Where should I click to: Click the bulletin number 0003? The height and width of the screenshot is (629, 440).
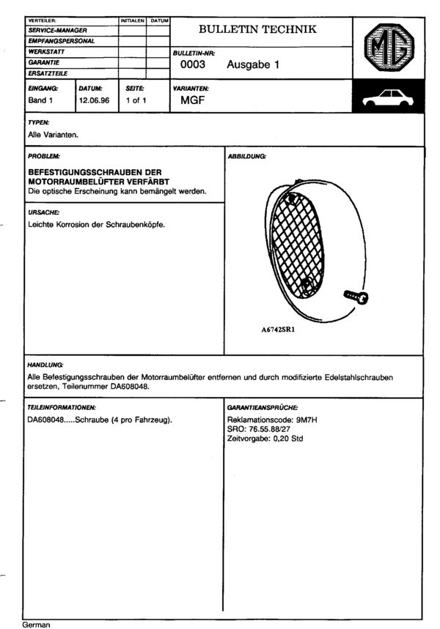pos(193,64)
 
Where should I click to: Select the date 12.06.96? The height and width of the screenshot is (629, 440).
pos(94,100)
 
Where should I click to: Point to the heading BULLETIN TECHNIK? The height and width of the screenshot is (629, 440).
pos(258,29)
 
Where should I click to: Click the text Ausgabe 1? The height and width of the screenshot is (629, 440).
pos(254,64)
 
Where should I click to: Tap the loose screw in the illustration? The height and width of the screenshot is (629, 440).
pos(355,297)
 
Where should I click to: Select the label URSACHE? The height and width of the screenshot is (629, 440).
pos(44,212)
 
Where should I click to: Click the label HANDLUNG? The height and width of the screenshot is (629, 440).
pos(45,364)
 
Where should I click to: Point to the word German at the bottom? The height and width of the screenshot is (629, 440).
pos(37,625)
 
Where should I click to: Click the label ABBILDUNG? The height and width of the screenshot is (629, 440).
pos(248,157)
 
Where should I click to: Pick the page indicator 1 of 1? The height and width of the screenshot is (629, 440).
pos(136,100)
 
